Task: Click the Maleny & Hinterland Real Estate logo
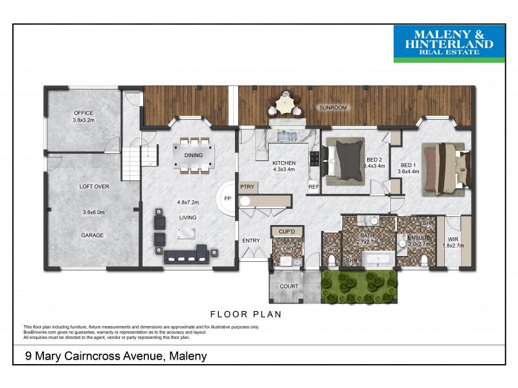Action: (449, 43)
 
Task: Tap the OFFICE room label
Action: (84, 113)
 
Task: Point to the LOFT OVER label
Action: (94, 186)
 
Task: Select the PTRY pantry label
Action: (247, 187)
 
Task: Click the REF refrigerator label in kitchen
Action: (313, 188)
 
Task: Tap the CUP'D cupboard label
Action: (286, 232)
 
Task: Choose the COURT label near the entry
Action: (289, 286)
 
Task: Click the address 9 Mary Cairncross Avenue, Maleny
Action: (115, 356)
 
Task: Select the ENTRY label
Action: (251, 241)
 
